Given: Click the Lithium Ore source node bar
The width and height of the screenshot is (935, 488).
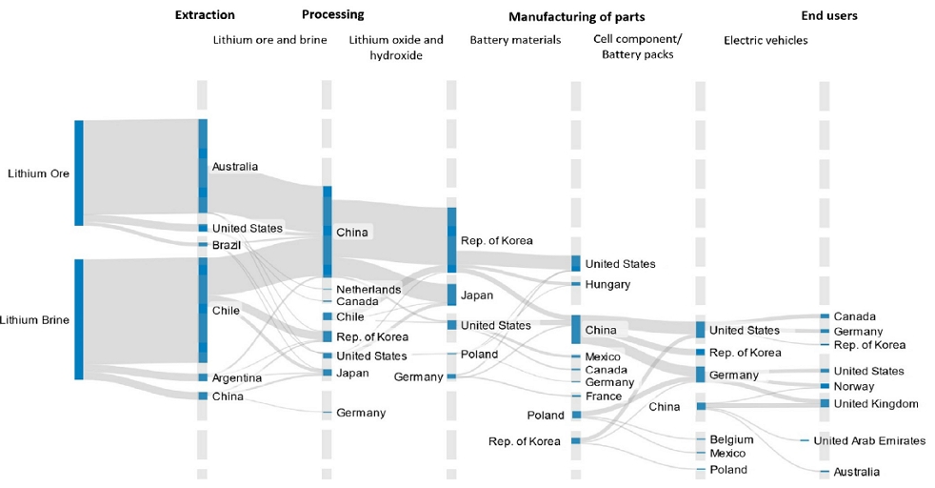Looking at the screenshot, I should (x=79, y=173).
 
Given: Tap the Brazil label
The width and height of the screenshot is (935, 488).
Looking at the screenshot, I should (x=227, y=245).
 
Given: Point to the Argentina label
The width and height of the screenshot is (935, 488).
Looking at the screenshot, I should (x=236, y=378).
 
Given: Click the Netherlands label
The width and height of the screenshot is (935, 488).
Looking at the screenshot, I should (x=368, y=289).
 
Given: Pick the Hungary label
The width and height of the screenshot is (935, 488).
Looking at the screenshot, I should (x=607, y=284).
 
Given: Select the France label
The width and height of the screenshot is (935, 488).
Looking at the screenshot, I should (x=603, y=396).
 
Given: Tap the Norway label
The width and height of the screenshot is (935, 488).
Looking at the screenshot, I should (x=853, y=386).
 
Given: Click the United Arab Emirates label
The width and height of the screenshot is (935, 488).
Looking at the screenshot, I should (x=869, y=440).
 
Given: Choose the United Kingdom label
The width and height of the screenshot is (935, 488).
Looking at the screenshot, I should (x=876, y=404).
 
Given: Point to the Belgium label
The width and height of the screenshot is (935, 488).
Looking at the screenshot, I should (x=731, y=439).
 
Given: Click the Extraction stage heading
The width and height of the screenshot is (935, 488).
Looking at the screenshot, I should (x=205, y=15).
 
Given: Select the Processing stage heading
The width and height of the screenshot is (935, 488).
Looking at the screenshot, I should (x=332, y=14).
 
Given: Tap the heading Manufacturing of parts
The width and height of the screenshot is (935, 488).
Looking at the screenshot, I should (x=576, y=17).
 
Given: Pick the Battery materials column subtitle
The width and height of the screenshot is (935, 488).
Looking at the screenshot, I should (x=515, y=40).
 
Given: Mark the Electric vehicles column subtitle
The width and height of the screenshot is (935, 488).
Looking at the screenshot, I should (x=766, y=40).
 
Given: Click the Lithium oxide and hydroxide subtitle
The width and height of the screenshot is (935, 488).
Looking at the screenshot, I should (x=396, y=48).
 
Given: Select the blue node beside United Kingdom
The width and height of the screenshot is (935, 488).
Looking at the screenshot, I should (x=825, y=404).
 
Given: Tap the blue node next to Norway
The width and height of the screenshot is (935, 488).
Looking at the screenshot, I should (x=825, y=386).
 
